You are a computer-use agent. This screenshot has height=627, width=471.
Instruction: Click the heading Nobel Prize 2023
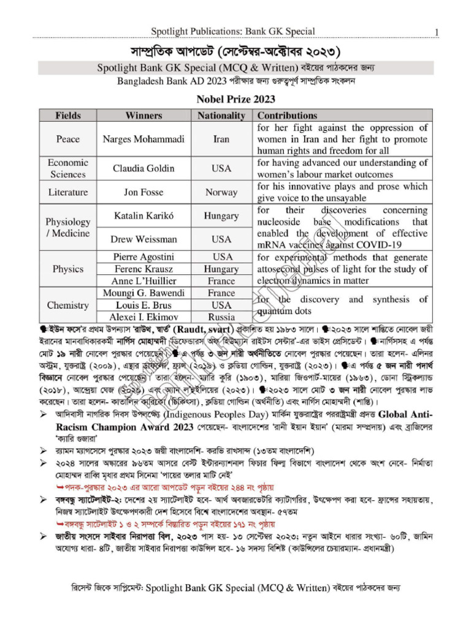click(235, 99)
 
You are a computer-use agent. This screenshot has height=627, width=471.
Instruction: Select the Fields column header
click(67, 115)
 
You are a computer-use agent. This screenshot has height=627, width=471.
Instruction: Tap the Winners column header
click(144, 115)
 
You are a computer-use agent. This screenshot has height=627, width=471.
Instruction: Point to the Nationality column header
click(221, 115)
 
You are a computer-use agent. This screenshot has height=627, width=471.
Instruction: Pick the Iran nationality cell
click(221, 139)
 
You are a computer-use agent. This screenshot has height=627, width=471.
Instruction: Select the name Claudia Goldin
click(144, 168)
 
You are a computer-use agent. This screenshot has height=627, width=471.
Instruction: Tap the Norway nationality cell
click(221, 192)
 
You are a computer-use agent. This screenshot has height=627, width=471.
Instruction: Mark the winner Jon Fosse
click(144, 192)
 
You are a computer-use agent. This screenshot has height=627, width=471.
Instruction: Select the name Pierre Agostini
click(144, 257)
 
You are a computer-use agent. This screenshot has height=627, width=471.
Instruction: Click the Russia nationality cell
click(221, 317)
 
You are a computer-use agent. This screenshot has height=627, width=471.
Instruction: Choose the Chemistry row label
click(67, 305)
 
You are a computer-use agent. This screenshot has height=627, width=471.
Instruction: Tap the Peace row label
click(67, 139)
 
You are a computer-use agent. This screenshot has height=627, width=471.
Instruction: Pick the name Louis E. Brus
click(144, 305)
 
